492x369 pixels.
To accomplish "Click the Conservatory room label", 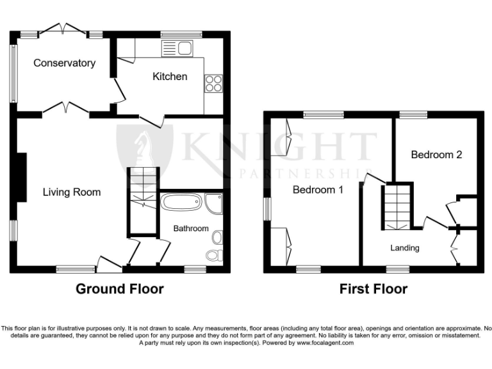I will tap(64, 63).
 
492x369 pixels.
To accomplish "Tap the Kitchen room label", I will tap(170, 76).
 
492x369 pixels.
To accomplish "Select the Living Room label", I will tap(72, 192).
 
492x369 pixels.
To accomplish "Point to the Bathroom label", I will tap(191, 228).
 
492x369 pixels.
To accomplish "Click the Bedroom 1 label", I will tap(318, 190).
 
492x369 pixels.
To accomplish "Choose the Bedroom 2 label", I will tap(436, 154).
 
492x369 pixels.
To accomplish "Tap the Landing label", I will tap(405, 248).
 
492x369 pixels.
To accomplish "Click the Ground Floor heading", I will tap(120, 289).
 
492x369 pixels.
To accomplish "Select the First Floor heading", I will tap(373, 289).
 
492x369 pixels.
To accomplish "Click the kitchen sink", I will tap(177, 47).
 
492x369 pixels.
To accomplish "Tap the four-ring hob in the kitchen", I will tap(213, 84).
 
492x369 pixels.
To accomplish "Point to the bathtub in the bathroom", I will tap(183, 204).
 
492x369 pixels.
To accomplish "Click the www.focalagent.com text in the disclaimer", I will tap(322, 343).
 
